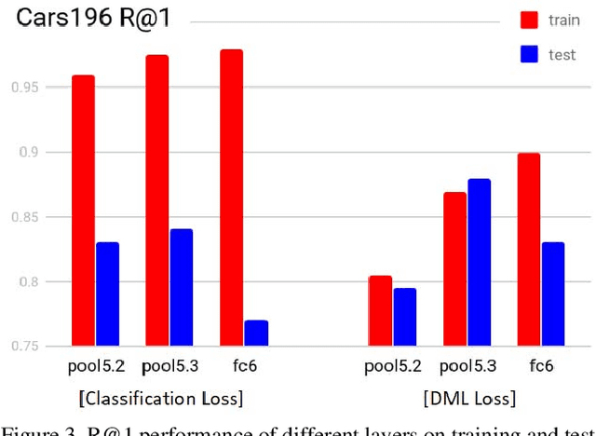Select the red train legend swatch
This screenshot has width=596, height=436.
coord(531,19)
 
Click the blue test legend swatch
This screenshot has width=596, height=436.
coord(531,55)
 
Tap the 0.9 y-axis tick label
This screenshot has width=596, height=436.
coord(31,152)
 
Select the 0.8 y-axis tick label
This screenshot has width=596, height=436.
coord(31,281)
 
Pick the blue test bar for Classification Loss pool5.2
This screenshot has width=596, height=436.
coord(107,293)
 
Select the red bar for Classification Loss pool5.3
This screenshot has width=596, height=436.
coord(156,200)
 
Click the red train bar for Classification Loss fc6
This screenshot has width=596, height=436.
coord(231,198)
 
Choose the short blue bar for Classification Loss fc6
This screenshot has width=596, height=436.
coord(256,333)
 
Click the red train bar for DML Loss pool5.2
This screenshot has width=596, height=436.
coord(380,310)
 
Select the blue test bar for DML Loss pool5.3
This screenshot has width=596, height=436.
coord(479,262)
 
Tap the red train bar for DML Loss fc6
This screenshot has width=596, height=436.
coord(528,249)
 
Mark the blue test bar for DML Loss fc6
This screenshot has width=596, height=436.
coord(553,293)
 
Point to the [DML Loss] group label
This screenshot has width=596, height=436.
coord(468,399)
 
